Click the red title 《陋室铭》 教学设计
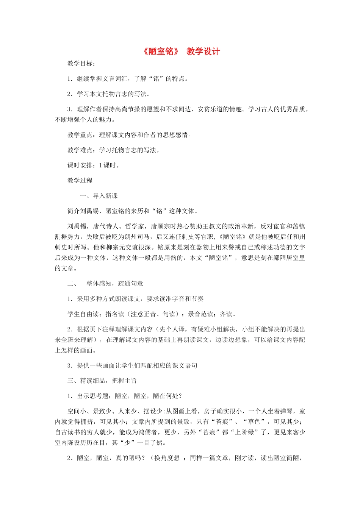[181, 52]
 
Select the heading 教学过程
[80, 180]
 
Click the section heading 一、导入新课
[99, 196]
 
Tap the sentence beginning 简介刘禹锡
[133, 211]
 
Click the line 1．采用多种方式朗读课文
[136, 299]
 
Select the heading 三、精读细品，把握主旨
[102, 381]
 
